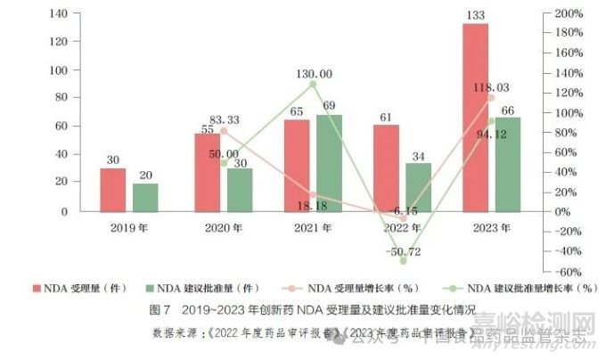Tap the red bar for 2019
(113, 190)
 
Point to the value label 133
(475, 16)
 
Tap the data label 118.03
(491, 87)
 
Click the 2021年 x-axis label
(314, 228)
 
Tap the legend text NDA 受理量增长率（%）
(357, 289)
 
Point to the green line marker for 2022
(403, 261)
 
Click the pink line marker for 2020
(223, 130)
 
